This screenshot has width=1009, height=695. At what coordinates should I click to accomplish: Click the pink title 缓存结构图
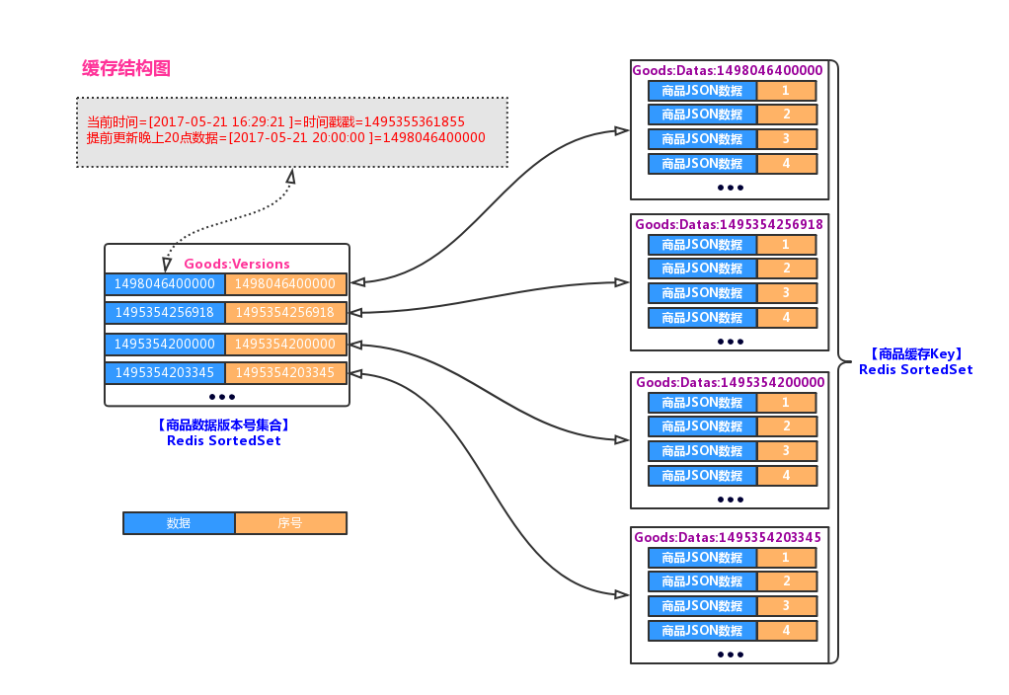(x=126, y=68)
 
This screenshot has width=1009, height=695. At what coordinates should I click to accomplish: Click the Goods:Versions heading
(x=237, y=264)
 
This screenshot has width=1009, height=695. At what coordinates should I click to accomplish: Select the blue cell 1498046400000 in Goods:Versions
(x=165, y=284)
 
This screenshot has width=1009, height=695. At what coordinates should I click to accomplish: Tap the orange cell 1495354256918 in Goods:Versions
(x=285, y=313)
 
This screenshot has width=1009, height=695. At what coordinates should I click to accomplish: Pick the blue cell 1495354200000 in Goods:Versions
(x=165, y=345)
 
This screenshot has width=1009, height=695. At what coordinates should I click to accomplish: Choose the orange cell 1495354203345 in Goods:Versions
(x=285, y=373)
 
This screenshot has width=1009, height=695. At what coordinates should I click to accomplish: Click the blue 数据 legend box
(x=179, y=523)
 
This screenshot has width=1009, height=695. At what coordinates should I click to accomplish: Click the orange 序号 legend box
(x=290, y=523)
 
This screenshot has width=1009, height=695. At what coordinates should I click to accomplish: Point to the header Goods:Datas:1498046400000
(x=727, y=70)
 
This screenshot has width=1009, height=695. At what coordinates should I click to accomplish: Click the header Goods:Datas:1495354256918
(x=729, y=224)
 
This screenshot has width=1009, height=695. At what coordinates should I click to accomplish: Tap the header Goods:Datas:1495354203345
(x=728, y=537)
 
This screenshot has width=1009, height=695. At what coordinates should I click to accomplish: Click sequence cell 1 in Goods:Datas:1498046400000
(x=786, y=91)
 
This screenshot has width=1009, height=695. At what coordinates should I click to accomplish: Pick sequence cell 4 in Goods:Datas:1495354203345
(x=786, y=630)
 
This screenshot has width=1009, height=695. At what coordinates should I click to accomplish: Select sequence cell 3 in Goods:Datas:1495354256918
(x=786, y=293)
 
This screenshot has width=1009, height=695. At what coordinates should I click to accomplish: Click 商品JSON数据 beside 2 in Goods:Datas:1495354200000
(x=702, y=426)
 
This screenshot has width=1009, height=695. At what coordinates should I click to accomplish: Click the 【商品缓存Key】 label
(x=915, y=353)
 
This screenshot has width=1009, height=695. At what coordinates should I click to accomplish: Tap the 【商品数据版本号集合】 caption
(x=223, y=425)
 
